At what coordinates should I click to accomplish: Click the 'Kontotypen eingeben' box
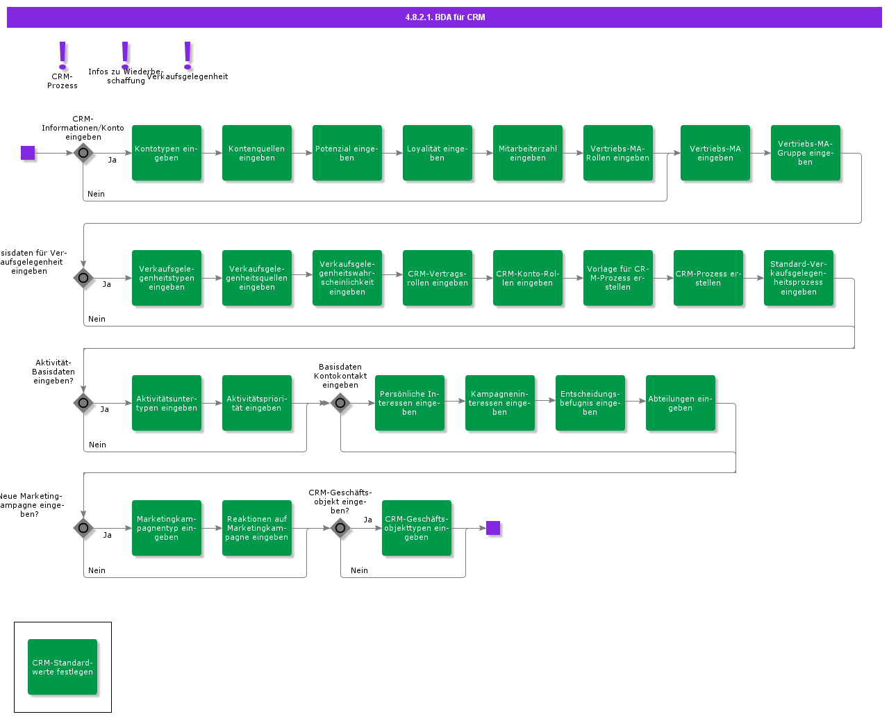[x=167, y=153]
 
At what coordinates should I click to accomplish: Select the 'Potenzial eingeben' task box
[x=347, y=153]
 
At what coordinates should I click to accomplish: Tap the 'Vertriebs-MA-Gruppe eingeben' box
[x=806, y=153]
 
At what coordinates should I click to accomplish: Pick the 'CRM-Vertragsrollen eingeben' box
[x=438, y=278]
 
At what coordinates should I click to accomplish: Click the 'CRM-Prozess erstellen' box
[x=708, y=278]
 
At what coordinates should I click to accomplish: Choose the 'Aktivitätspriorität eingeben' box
[x=257, y=403]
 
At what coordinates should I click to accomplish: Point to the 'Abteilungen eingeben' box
[x=681, y=403]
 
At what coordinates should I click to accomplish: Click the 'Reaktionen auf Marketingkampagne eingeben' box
[x=257, y=528]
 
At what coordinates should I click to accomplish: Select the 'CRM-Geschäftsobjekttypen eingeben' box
[x=417, y=528]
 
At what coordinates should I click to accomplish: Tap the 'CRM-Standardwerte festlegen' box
[x=63, y=667]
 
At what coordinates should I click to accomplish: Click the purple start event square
[x=28, y=153]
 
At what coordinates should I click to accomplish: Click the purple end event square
[x=493, y=528]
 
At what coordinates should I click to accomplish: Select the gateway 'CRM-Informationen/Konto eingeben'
[x=83, y=153]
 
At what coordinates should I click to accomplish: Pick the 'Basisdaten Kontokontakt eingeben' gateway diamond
[x=340, y=403]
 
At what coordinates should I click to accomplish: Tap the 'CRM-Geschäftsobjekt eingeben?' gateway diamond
[x=340, y=528]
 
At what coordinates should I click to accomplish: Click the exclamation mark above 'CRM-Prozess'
[x=63, y=55]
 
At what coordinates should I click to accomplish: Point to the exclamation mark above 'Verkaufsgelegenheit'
[x=188, y=55]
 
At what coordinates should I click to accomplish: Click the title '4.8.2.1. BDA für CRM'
[x=445, y=17]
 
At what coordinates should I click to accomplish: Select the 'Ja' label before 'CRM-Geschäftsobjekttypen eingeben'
[x=368, y=520]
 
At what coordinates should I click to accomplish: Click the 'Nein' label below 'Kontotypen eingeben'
[x=97, y=194]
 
